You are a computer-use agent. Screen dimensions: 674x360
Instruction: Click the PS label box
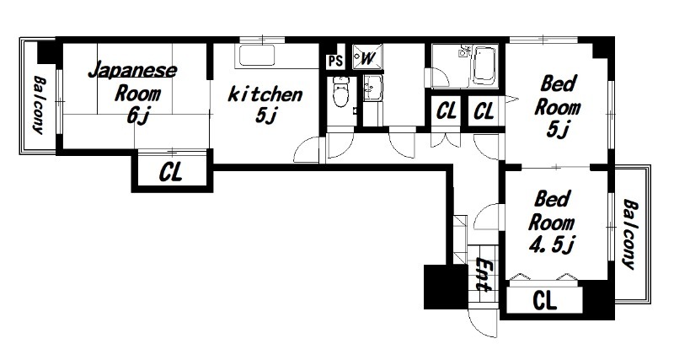(x=335, y=61)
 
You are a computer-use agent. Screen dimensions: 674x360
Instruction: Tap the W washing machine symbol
(x=365, y=56)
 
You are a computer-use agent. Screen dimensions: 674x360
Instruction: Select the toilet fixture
(x=340, y=92)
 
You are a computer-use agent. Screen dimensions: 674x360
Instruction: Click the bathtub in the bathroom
(x=484, y=66)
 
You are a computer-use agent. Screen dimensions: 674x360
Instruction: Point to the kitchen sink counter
(x=257, y=56)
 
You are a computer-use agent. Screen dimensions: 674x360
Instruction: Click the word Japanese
(x=133, y=71)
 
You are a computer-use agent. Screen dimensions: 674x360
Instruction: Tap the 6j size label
(x=137, y=116)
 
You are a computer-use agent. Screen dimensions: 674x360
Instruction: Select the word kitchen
(x=265, y=94)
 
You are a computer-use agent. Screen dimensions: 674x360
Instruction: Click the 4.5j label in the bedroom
(x=552, y=245)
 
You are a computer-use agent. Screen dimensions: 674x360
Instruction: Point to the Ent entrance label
(x=484, y=274)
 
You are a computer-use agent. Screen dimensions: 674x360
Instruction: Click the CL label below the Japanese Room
(x=171, y=172)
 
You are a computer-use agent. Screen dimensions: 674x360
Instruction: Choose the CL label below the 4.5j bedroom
(x=544, y=300)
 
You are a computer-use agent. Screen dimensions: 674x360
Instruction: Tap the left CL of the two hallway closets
(x=447, y=111)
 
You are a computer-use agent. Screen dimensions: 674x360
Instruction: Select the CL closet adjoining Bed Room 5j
(x=484, y=111)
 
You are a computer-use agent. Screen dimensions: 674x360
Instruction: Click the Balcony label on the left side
(x=39, y=105)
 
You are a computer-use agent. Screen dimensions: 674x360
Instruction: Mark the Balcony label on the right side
(x=629, y=234)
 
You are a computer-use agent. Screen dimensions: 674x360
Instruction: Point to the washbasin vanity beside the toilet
(x=372, y=89)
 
